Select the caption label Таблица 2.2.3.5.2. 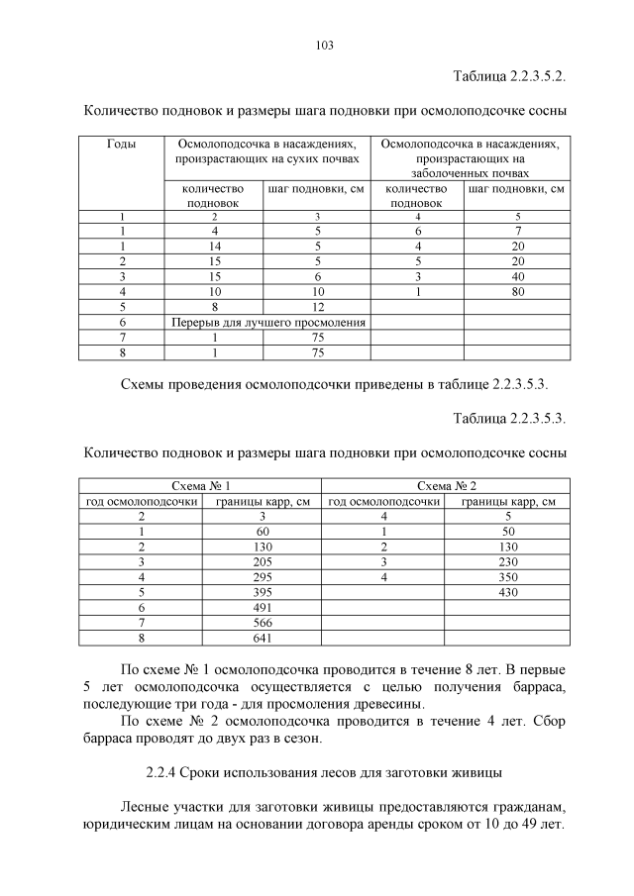pos(509,75)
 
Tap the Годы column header pos(122,145)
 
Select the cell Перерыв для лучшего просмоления pos(268,322)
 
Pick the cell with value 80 pos(517,292)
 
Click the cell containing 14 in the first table pos(214,246)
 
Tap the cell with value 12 pos(317,307)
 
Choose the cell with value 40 pos(517,276)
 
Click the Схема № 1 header pos(201,486)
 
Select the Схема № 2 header pos(447,486)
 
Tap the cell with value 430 pos(507,591)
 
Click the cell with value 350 pos(507,576)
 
